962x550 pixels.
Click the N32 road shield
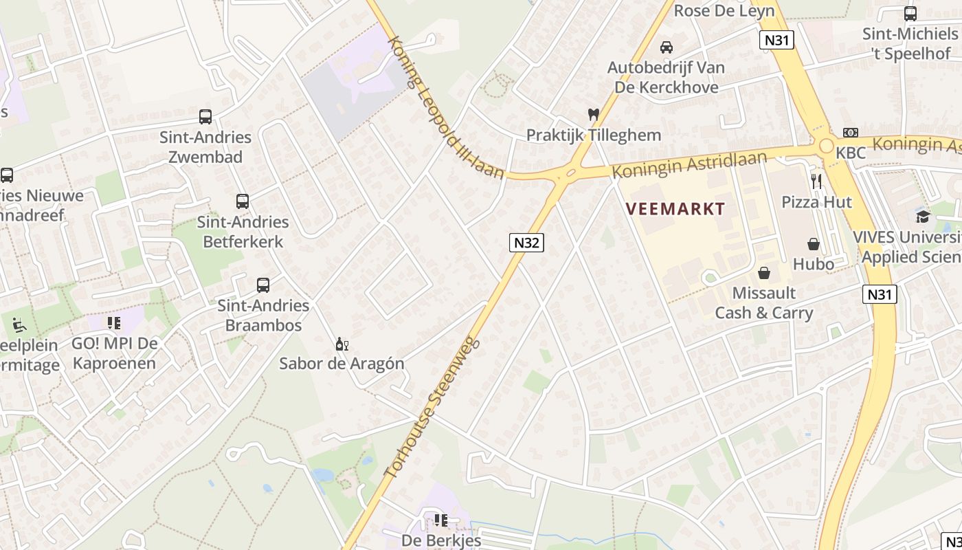(526, 242)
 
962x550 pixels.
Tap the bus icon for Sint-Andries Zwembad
(205, 117)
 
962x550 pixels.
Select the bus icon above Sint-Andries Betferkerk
(243, 201)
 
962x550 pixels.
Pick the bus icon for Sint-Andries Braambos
(263, 285)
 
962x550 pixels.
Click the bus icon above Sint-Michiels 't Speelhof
(910, 14)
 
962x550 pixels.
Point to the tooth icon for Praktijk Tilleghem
(594, 115)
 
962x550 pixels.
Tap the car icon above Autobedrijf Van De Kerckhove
(666, 47)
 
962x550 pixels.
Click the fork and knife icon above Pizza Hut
(816, 181)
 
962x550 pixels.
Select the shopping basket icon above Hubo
(814, 244)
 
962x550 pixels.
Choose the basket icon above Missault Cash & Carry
(764, 273)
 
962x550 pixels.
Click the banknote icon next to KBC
(851, 133)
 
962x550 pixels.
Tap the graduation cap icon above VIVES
(923, 217)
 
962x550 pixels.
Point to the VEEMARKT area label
(675, 209)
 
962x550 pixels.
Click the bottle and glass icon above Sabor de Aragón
(342, 344)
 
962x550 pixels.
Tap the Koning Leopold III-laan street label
(445, 108)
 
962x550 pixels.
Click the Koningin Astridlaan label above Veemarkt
(689, 164)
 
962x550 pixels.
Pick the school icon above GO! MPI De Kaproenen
(114, 322)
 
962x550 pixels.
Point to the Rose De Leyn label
(724, 10)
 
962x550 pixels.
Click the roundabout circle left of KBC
(826, 146)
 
